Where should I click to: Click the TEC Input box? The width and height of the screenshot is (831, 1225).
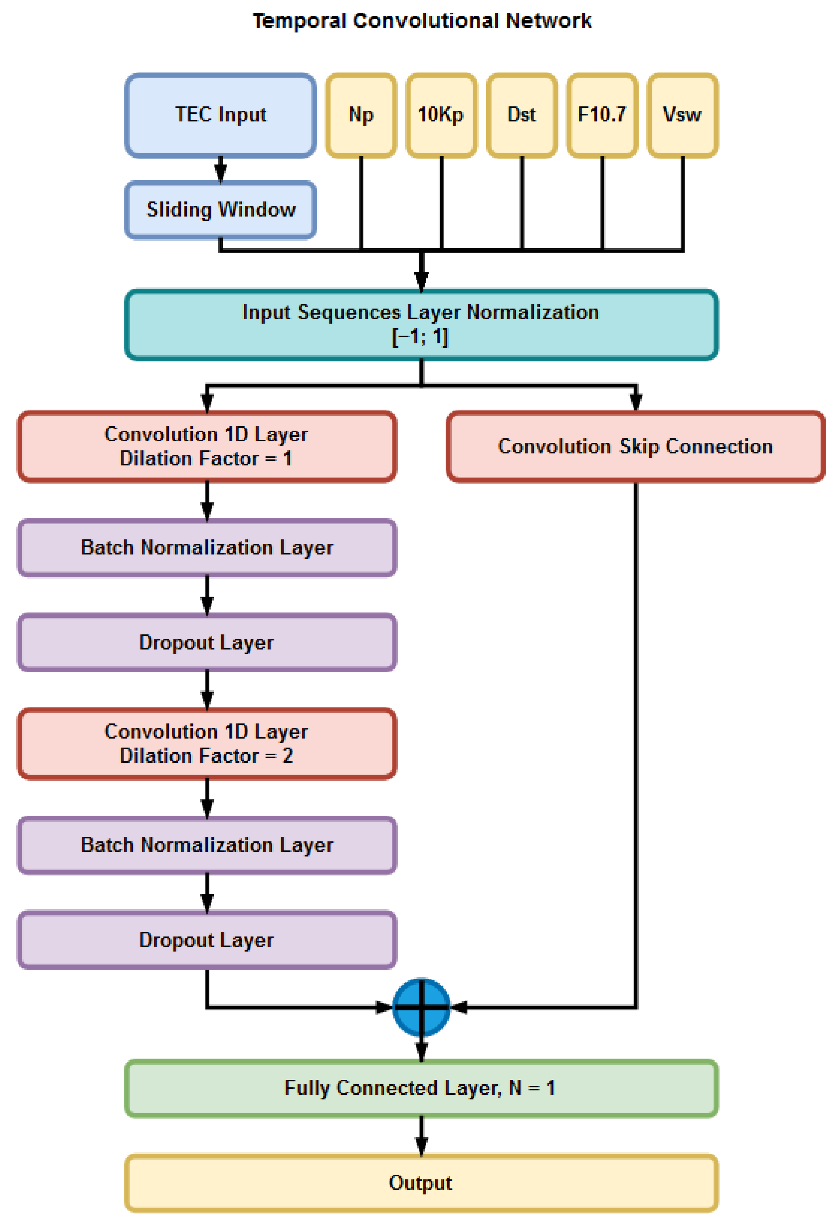tap(220, 115)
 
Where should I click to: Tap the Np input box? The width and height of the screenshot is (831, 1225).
tap(361, 115)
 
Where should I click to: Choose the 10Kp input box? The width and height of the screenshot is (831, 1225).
tap(441, 115)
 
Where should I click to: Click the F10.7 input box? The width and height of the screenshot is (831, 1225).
tap(602, 115)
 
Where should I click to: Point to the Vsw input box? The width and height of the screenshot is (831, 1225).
tap(682, 115)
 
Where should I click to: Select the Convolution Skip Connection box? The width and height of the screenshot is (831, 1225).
tap(635, 446)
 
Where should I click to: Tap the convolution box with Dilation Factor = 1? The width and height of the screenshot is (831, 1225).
tap(207, 446)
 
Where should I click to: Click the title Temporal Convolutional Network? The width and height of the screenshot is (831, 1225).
tap(421, 21)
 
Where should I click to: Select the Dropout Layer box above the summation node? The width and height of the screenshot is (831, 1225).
tap(207, 940)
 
